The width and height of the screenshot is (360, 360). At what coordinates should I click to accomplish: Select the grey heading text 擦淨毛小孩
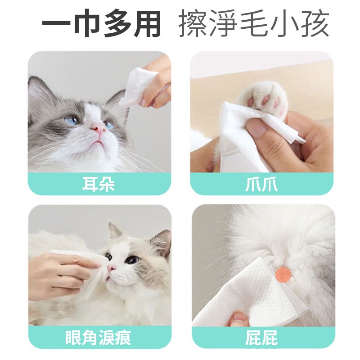coord(254,24)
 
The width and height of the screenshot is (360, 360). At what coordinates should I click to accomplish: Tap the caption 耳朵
coord(99,184)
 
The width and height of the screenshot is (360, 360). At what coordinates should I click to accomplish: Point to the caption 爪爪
coord(261,184)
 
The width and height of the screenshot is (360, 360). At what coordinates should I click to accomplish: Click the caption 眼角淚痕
coord(98,337)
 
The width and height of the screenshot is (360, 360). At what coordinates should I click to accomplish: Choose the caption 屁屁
coord(261,337)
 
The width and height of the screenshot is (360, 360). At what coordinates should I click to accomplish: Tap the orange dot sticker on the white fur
coord(283,274)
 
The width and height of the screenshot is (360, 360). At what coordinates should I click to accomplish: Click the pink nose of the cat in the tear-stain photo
coord(111,268)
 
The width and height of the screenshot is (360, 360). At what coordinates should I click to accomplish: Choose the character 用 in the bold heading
coord(147,24)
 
